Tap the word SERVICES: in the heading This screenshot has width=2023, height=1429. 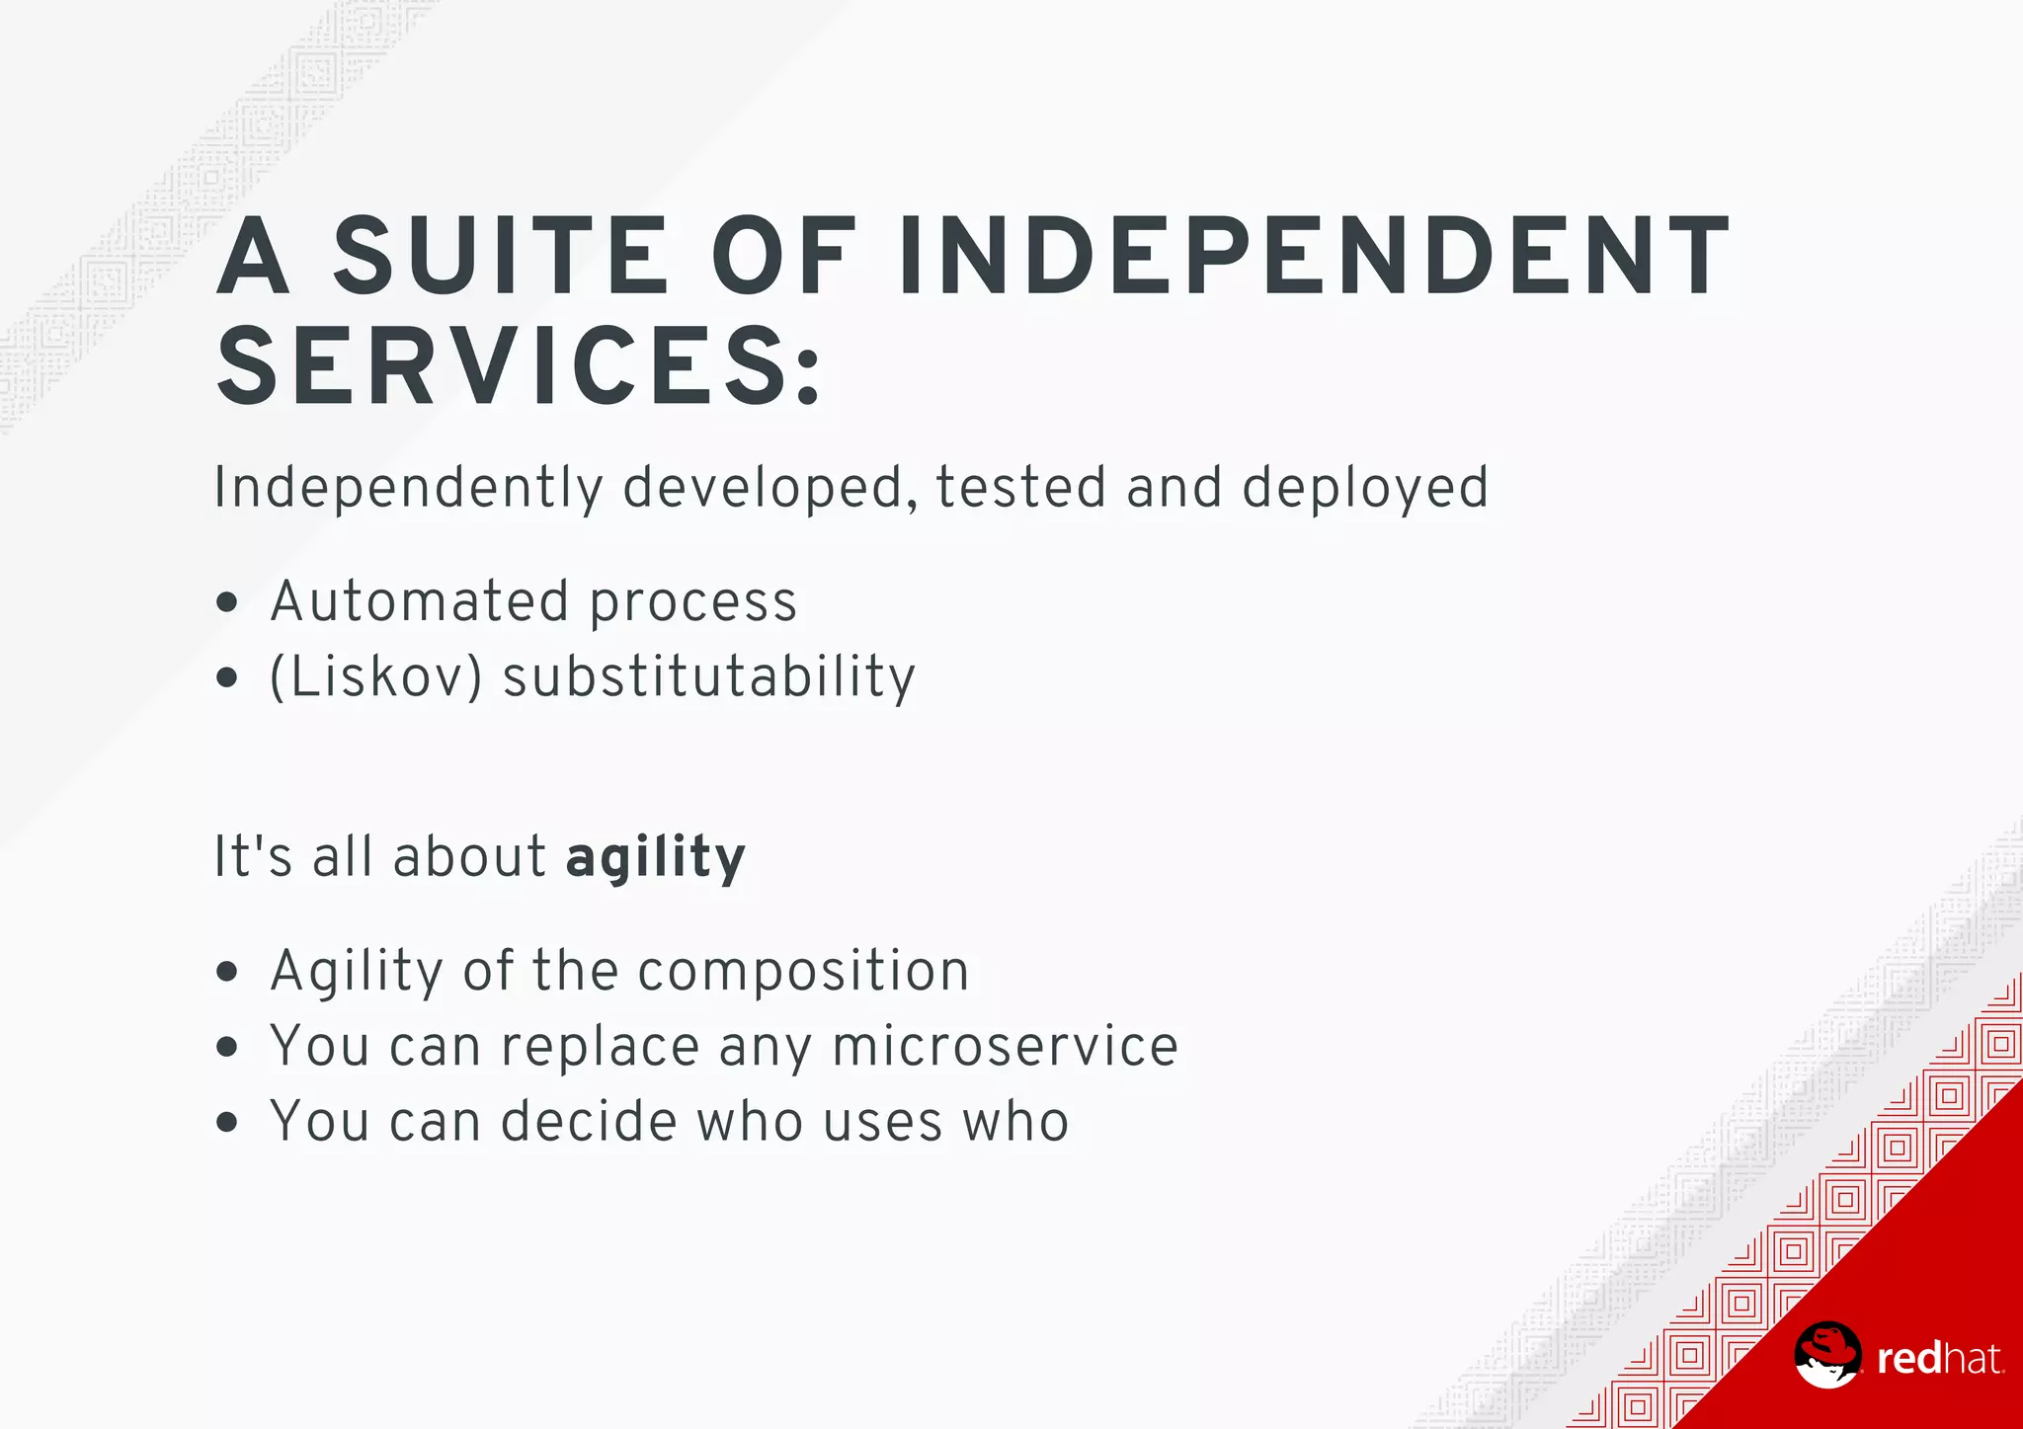click(519, 367)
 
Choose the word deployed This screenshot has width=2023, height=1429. click(1365, 488)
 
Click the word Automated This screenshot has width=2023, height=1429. click(420, 601)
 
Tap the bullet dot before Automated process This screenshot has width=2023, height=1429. click(227, 602)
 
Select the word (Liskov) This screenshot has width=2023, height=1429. click(376, 677)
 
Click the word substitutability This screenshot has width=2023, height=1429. click(709, 677)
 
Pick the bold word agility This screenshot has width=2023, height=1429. click(656, 857)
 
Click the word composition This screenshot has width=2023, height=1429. click(804, 971)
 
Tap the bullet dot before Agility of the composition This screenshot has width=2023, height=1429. click(227, 972)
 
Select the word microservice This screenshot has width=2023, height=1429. click(1006, 1046)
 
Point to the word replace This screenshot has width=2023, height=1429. click(601, 1047)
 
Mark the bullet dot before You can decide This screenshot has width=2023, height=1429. click(227, 1123)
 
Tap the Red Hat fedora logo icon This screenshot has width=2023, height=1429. click(1827, 1355)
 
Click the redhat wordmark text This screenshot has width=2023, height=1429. click(1940, 1360)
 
